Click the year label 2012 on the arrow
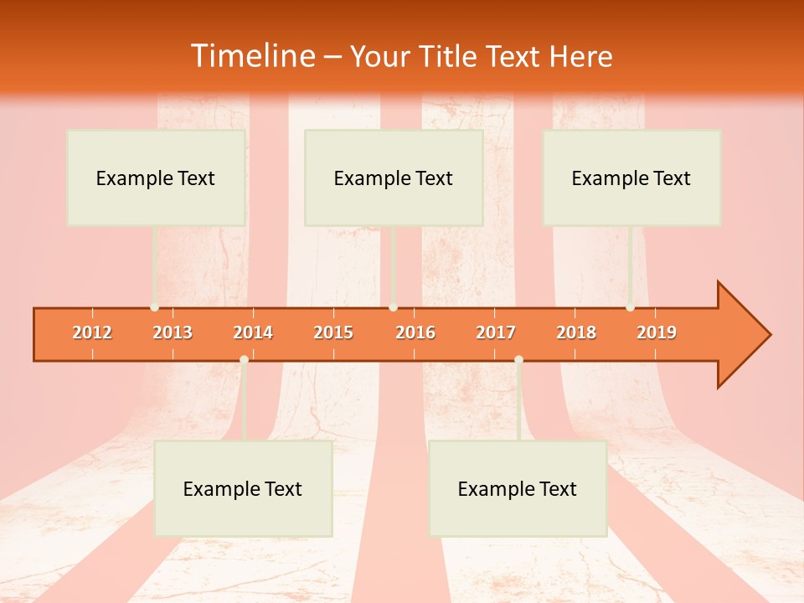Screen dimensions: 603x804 92,332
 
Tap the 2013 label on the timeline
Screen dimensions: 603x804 173,332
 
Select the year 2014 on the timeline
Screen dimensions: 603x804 253,332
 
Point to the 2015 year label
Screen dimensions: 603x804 333,332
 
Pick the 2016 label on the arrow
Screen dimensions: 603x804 415,332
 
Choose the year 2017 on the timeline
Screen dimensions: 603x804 496,332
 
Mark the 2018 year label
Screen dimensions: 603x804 576,332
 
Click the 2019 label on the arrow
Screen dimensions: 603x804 657,332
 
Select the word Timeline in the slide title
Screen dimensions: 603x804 253,56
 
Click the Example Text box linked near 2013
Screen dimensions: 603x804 156,178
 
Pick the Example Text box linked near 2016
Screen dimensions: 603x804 394,178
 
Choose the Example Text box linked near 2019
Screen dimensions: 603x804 631,178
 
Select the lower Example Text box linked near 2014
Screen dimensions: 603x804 243,488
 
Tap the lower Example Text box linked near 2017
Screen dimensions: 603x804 518,488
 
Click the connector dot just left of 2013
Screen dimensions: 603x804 154,307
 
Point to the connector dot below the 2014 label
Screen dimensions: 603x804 244,359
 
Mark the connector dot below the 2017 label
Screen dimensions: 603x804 518,359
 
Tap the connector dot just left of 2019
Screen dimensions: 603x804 630,307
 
